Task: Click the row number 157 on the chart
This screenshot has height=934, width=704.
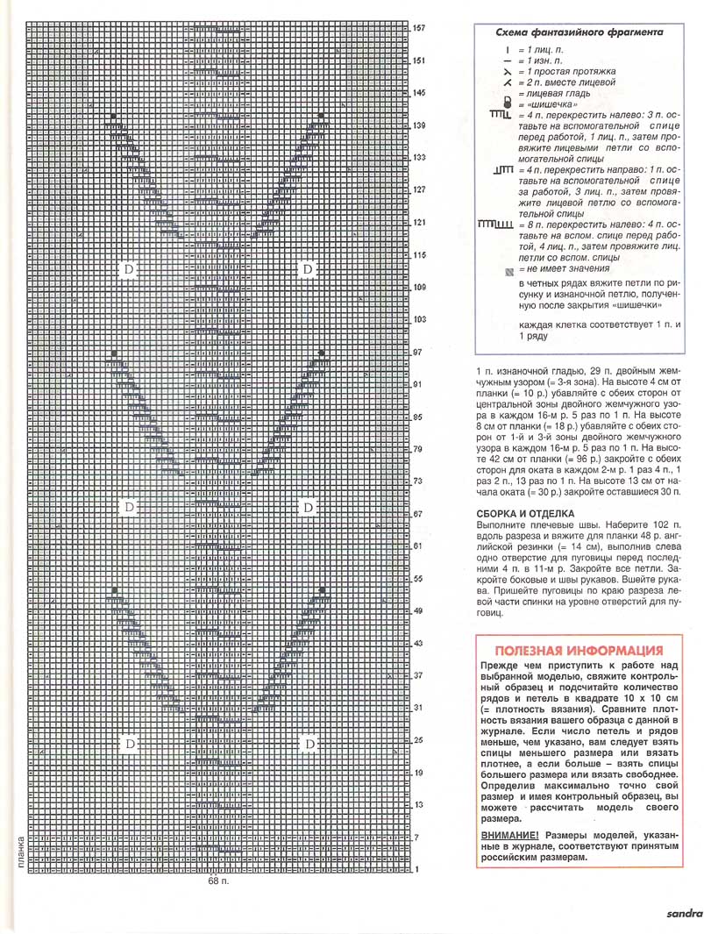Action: (x=419, y=29)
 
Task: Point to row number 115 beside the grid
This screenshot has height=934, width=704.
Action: (x=419, y=254)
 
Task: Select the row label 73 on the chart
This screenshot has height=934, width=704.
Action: (x=418, y=481)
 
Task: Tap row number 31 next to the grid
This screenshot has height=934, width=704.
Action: (x=418, y=708)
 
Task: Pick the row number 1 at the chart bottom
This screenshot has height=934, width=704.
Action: (x=416, y=869)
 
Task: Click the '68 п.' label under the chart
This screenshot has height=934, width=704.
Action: (x=218, y=881)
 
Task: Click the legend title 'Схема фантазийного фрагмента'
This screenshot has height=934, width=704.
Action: (x=580, y=32)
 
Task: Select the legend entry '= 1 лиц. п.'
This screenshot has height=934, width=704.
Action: (x=543, y=51)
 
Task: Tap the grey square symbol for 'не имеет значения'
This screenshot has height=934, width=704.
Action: (x=508, y=270)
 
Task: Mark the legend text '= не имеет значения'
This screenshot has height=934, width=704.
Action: (x=564, y=269)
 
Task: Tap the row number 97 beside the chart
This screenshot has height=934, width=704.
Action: (x=418, y=352)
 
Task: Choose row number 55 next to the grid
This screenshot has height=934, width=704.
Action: (x=418, y=579)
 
